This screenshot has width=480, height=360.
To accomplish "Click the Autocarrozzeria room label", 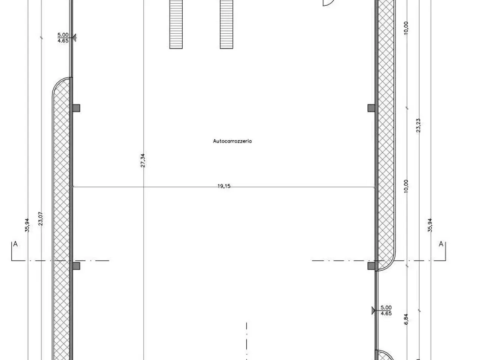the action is pos(232,141).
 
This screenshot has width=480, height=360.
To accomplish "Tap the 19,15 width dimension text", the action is pos(224,186).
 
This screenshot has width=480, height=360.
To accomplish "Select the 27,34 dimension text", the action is pos(142,160).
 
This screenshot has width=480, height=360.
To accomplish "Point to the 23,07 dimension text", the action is pos(40,219).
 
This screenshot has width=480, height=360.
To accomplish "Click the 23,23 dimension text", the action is pos(418,126).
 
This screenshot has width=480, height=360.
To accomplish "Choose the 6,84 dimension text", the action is pos(406,319).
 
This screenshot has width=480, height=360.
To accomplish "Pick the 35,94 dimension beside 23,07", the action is pos(27,225).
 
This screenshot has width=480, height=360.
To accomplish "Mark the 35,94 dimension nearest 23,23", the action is pos(430,225).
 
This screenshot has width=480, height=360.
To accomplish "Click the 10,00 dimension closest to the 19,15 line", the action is pos(406,186).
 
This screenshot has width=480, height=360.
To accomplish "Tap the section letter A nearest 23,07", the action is pos(15,244).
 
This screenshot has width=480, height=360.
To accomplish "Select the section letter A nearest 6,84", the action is pos(441,244).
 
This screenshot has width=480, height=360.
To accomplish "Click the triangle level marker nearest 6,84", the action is pos(373,310).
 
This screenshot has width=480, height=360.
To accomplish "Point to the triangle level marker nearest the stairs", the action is pos(74,37).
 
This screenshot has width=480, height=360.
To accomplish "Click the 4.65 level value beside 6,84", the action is pos(386,313).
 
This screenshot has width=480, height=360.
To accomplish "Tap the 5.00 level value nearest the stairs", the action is pos(63,35).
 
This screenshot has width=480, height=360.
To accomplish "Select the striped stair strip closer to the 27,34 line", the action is pos(176,24).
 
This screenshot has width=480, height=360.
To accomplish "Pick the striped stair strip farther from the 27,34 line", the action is pos(226,24).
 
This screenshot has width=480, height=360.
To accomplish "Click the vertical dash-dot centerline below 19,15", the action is pos(246,341).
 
